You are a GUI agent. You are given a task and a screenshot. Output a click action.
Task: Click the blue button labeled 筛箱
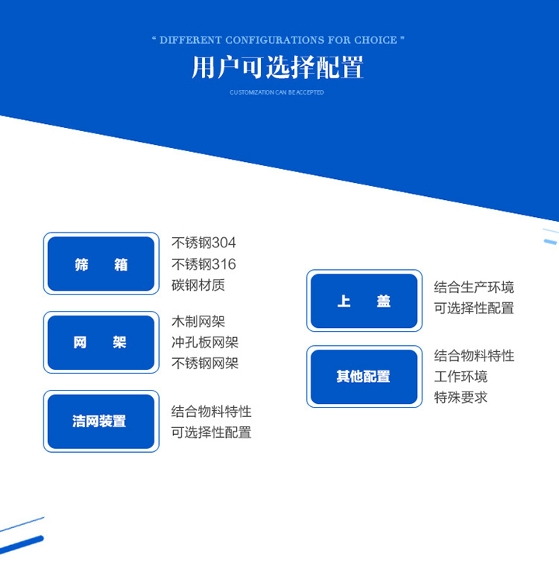tap(101, 264)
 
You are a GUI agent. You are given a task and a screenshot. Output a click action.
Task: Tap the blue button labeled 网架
tap(101, 343)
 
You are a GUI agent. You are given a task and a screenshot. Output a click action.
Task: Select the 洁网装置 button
tap(101, 422)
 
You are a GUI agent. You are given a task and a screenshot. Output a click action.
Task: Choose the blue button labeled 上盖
tap(364, 301)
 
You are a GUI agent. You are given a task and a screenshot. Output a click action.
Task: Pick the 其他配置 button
tap(364, 377)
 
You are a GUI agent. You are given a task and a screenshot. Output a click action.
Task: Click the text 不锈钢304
tap(203, 243)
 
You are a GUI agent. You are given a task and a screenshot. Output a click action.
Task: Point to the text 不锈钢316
tap(203, 264)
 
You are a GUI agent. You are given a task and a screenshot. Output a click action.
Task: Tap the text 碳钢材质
tap(198, 285)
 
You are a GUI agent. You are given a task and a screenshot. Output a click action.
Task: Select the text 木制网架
tap(198, 322)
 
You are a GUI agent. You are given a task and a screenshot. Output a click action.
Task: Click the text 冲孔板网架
tap(205, 343)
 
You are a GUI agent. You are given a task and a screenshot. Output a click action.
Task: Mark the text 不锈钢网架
tap(205, 364)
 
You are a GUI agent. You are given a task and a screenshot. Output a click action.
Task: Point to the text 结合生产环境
tap(474, 287)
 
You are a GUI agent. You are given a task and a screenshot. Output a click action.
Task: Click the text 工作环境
tap(460, 377)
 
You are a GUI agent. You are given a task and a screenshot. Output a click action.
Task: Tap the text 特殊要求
tap(460, 398)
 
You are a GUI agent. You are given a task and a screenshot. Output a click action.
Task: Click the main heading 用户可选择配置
tap(278, 67)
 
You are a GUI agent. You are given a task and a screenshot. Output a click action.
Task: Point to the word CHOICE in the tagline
tap(376, 40)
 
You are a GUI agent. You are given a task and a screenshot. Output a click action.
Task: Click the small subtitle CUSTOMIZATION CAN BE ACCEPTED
tap(276, 92)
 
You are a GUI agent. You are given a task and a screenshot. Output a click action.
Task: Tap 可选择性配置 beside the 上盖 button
tap(474, 308)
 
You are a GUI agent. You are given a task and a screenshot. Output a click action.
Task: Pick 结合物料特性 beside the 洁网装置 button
tap(211, 412)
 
